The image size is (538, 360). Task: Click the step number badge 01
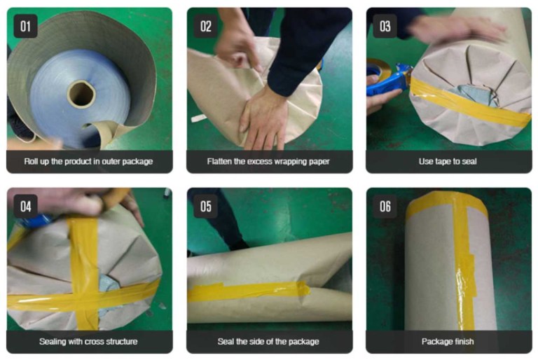(26, 26)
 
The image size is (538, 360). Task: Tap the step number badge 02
(206, 26)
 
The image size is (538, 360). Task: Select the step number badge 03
(385, 26)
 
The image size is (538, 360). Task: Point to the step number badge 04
(26, 206)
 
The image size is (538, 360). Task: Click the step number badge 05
(206, 206)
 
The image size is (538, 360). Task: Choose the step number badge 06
(385, 206)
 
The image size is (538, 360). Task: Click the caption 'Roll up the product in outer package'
(89, 162)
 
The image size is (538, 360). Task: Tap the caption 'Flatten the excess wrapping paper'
(269, 162)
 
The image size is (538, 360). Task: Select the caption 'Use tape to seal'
(448, 162)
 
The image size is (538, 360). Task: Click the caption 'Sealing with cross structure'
(89, 342)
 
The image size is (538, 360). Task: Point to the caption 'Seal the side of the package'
(269, 342)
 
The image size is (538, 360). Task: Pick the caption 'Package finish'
(448, 342)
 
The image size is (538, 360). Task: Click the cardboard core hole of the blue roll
(81, 93)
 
